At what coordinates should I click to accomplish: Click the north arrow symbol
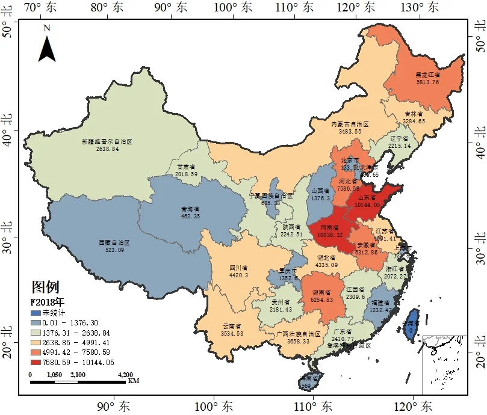pyautogui.click(x=47, y=47)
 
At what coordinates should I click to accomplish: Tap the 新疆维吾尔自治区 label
pyautogui.click(x=107, y=142)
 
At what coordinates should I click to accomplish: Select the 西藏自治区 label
pyautogui.click(x=114, y=242)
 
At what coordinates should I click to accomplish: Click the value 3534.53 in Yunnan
pyautogui.click(x=232, y=333)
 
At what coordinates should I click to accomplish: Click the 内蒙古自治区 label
pyautogui.click(x=350, y=124)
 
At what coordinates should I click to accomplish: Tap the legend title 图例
pyautogui.click(x=45, y=287)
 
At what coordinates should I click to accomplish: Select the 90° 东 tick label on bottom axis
pyautogui.click(x=113, y=406)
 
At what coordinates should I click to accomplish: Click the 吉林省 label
pyautogui.click(x=414, y=114)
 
